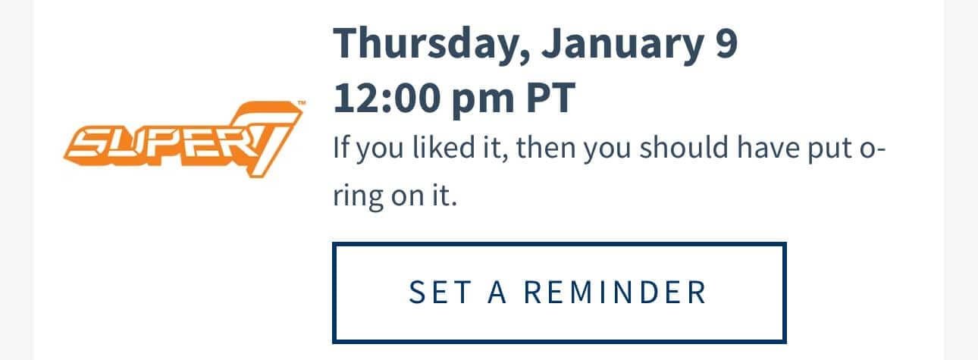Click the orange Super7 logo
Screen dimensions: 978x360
(x=183, y=139)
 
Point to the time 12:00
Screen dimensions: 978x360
(x=387, y=98)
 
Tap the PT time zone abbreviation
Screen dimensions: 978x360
(x=551, y=98)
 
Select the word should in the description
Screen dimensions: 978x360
(x=684, y=148)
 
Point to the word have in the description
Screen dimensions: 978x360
(x=768, y=148)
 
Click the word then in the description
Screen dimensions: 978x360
(x=545, y=148)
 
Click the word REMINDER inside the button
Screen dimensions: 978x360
(x=615, y=293)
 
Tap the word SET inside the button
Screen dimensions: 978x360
(x=440, y=293)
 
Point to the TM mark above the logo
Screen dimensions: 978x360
(x=302, y=103)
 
